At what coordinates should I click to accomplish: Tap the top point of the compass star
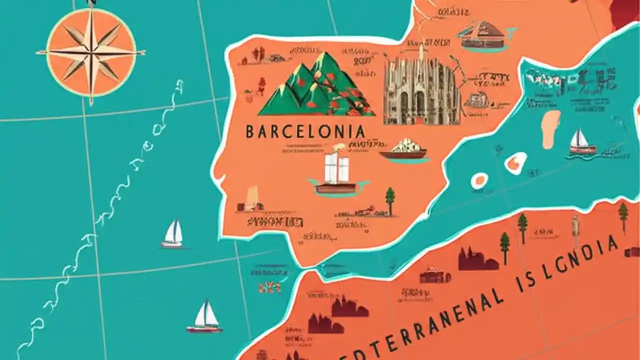(x=91, y=11)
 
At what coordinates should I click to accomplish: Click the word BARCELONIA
(x=305, y=132)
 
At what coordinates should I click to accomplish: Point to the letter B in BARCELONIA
(x=250, y=132)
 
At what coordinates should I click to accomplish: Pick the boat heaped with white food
(x=404, y=149)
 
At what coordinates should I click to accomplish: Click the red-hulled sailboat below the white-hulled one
(x=205, y=317)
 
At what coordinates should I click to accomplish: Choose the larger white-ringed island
(x=515, y=163)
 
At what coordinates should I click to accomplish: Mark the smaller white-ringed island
(x=480, y=180)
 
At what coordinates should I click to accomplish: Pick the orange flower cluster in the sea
(x=269, y=287)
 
